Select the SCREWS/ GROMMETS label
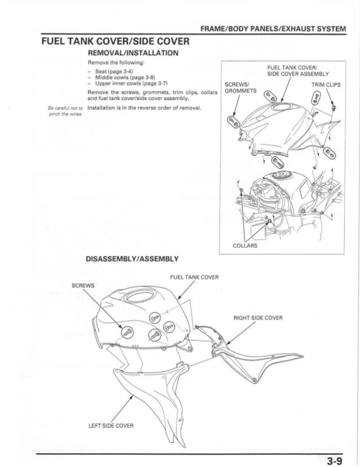240,89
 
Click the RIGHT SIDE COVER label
258,317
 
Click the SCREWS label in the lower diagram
84,285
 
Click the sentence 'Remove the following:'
116,62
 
